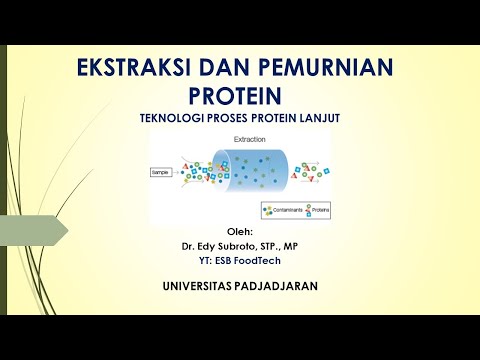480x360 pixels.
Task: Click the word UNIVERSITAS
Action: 198,287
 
